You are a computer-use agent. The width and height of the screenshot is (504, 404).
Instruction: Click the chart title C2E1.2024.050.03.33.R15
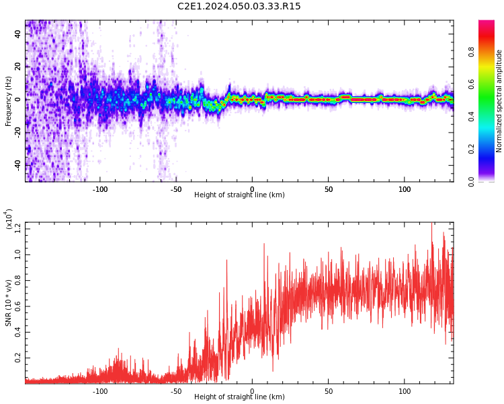tap(239, 7)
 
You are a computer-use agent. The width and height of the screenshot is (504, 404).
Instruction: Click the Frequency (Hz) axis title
tap(9, 101)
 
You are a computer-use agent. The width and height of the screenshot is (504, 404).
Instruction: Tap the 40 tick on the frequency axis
tap(18, 34)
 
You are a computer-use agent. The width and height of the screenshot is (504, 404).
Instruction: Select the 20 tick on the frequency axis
tap(18, 67)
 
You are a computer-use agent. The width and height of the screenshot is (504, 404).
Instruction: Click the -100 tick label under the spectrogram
tap(99, 189)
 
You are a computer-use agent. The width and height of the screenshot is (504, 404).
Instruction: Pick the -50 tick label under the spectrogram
tap(176, 189)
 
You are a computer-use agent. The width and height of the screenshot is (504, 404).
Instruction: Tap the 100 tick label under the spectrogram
tap(405, 189)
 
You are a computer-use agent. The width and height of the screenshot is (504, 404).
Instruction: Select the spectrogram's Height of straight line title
tap(239, 195)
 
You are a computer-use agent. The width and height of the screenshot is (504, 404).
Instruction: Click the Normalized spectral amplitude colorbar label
tap(499, 101)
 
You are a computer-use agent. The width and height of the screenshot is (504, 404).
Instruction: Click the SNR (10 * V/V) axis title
tap(9, 303)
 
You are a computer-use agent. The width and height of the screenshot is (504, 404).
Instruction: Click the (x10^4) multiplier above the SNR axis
tap(9, 219)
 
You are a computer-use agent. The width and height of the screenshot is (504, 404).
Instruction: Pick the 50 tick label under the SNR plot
tap(329, 391)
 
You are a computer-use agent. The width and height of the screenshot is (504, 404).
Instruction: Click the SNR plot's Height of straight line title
tap(239, 397)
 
